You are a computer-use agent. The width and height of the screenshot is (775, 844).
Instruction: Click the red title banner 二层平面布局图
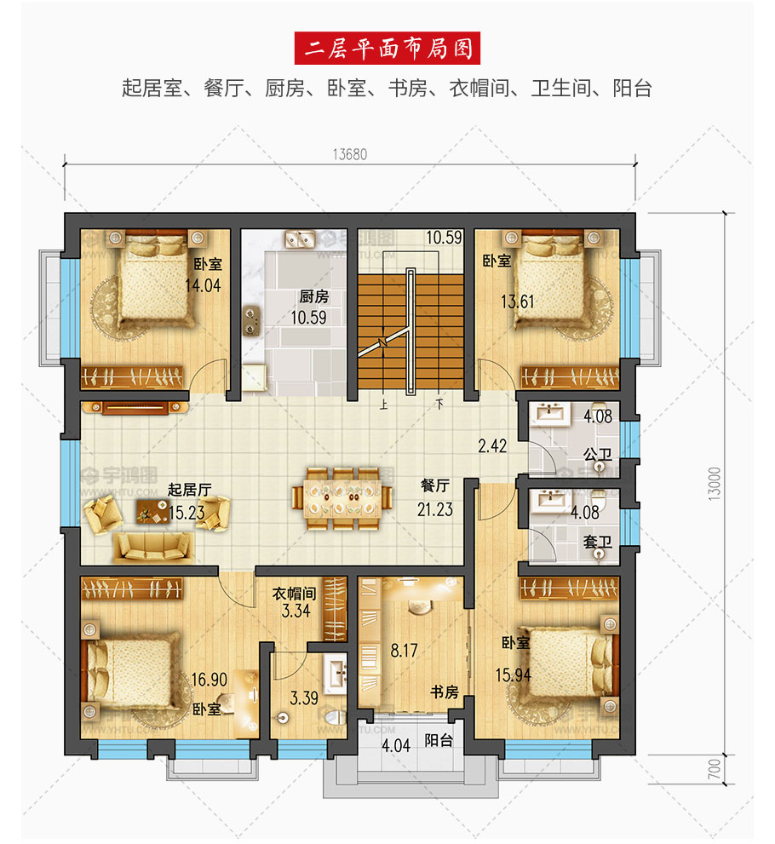[387, 49]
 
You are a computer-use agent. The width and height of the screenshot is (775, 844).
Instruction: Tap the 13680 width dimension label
[350, 154]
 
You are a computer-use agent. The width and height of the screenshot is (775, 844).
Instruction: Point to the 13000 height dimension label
[715, 484]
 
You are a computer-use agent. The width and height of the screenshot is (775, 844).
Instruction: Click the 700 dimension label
[715, 769]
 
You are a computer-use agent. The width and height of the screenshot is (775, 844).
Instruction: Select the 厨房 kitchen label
[313, 296]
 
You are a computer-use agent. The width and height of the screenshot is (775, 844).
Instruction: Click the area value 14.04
[203, 285]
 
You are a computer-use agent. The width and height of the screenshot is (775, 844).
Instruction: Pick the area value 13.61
[518, 301]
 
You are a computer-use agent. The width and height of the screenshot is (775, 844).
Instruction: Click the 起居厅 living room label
[189, 490]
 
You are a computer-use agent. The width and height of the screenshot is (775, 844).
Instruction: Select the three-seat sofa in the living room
[153, 547]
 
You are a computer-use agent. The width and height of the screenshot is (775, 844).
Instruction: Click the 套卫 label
[597, 542]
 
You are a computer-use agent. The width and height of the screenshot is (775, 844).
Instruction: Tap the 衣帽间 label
[294, 594]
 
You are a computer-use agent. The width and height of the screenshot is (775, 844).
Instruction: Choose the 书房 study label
[444, 692]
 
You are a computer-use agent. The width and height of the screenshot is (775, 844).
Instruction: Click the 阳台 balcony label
[439, 740]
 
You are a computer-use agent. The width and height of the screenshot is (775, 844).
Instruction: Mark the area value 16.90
[210, 680]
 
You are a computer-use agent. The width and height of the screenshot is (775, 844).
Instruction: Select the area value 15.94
[514, 675]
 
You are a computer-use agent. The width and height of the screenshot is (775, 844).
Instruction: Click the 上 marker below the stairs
[383, 405]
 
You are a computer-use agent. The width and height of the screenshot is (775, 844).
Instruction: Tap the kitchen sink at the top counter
[300, 238]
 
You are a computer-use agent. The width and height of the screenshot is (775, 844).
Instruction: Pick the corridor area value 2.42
[492, 445]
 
